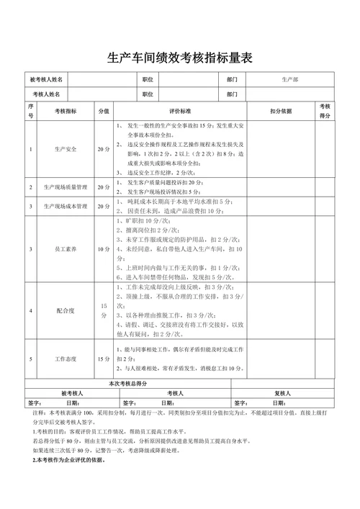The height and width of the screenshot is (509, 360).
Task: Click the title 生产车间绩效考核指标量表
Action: pyautogui.click(x=179, y=58)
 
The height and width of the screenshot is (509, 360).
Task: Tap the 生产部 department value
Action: pyautogui.click(x=290, y=80)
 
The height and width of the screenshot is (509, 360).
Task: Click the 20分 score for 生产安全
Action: pyautogui.click(x=104, y=149)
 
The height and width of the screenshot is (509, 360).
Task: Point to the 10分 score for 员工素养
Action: pyautogui.click(x=104, y=248)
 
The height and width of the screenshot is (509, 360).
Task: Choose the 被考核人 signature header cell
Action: pyautogui.click(x=73, y=393)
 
